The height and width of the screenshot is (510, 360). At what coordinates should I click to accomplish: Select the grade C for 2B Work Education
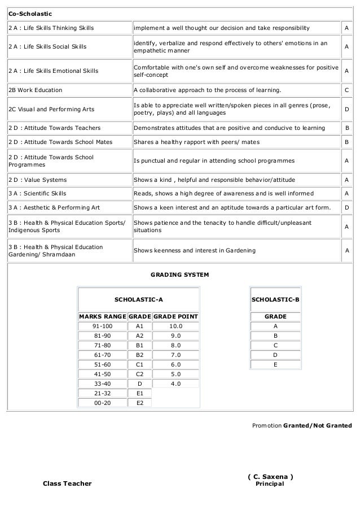coord(346,90)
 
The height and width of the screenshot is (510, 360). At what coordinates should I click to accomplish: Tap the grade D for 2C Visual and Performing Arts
coord(346,109)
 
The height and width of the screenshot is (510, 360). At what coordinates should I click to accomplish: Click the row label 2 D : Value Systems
coord(37,180)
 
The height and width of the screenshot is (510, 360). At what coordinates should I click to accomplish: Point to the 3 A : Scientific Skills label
coord(37,194)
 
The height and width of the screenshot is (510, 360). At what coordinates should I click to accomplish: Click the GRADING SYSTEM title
coord(181,274)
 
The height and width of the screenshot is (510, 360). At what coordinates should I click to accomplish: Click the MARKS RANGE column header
coord(102,316)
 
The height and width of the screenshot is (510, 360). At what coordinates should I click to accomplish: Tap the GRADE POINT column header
coord(175,316)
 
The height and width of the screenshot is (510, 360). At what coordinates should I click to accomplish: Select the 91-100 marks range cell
coord(102,326)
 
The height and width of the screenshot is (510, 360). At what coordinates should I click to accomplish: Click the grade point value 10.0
coord(175,326)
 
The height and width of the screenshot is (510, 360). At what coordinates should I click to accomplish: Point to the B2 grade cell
coord(140,355)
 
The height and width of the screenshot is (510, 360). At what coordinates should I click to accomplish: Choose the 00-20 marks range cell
coord(102,403)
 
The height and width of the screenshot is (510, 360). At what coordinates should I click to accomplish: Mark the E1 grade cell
coord(140,393)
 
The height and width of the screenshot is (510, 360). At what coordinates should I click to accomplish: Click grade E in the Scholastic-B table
coord(275,364)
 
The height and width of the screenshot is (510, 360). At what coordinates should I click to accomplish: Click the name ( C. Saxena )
coord(270,476)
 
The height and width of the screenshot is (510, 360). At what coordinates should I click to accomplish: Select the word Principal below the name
coord(270,484)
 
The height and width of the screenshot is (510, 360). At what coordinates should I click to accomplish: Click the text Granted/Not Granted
coord(317,425)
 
